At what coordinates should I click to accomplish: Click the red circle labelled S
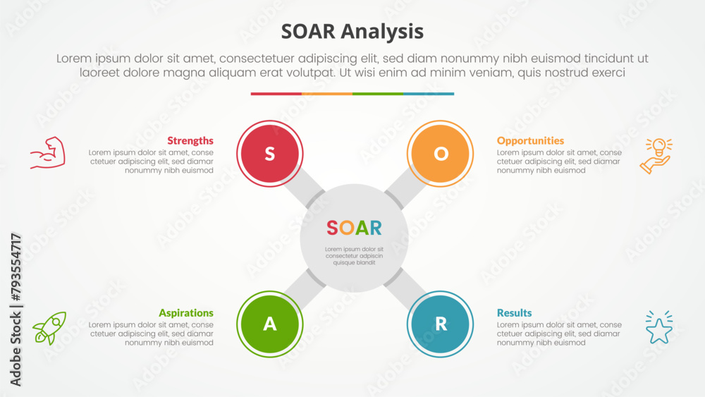(x=270, y=153)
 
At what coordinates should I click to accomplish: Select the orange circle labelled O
(x=440, y=153)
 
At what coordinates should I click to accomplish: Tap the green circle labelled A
(x=270, y=324)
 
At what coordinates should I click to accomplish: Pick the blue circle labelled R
(x=440, y=324)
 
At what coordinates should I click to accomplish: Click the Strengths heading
(x=190, y=141)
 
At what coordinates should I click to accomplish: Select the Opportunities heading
(x=530, y=141)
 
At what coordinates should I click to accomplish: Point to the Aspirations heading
(x=186, y=313)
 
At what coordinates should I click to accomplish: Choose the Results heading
(x=514, y=313)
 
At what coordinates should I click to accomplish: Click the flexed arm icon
(x=48, y=153)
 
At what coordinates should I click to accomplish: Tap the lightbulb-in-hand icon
(x=656, y=156)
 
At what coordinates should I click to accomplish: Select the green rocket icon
(x=49, y=328)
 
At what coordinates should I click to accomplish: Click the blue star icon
(x=659, y=327)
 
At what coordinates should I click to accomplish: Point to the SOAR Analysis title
(x=352, y=32)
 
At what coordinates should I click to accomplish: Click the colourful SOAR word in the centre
(x=355, y=228)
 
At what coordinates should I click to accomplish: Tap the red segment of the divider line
(x=276, y=94)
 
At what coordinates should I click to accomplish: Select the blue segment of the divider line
(x=429, y=94)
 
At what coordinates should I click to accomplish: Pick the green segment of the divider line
(x=378, y=94)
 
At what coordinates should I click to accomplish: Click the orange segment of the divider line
(x=327, y=94)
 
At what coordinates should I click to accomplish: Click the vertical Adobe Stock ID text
(x=16, y=310)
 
